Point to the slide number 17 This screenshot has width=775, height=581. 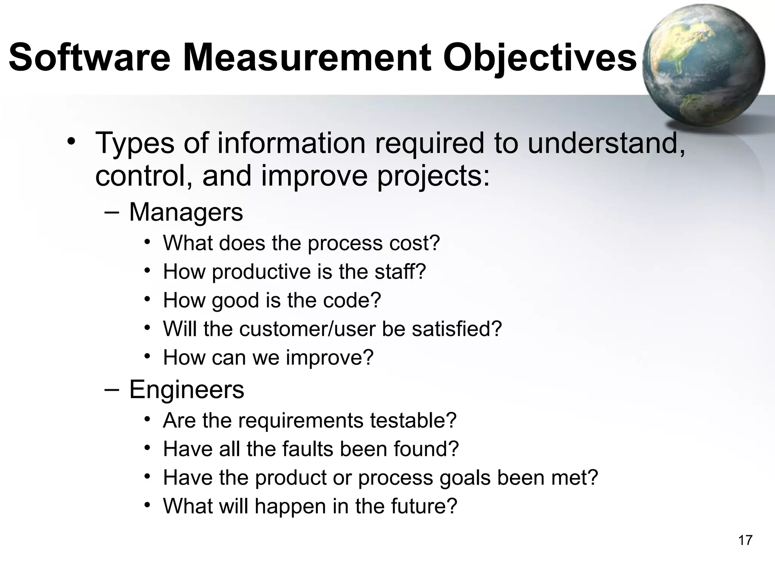[745, 541]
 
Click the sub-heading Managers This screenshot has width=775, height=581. [186, 213]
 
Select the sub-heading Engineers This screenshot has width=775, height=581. [187, 390]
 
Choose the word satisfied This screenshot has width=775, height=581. [456, 329]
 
